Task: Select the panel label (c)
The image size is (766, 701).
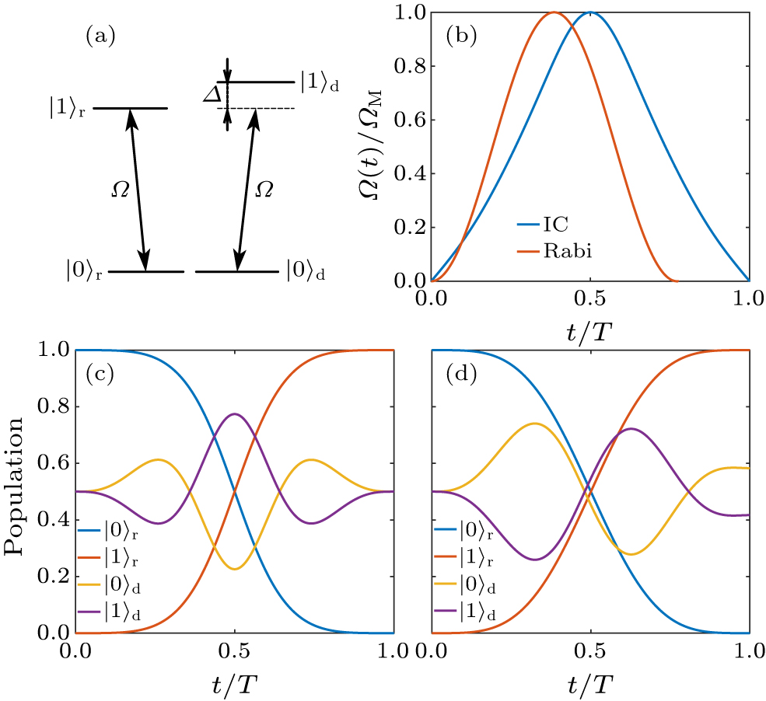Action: click(99, 376)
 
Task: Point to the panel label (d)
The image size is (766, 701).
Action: click(459, 376)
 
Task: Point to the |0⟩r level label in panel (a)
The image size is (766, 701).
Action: click(86, 272)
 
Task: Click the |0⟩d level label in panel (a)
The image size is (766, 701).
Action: click(306, 272)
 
